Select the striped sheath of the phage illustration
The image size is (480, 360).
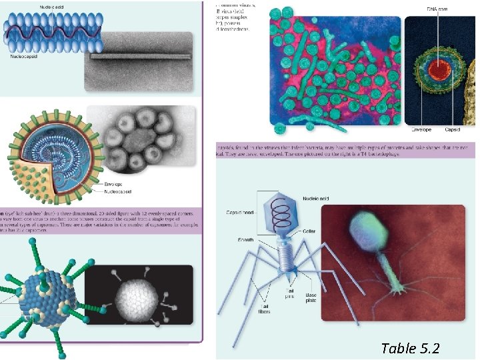coord(287,253)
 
